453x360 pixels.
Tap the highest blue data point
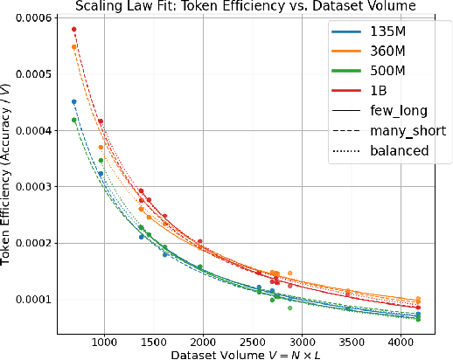tap(74, 102)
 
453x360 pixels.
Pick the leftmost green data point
tap(74, 121)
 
